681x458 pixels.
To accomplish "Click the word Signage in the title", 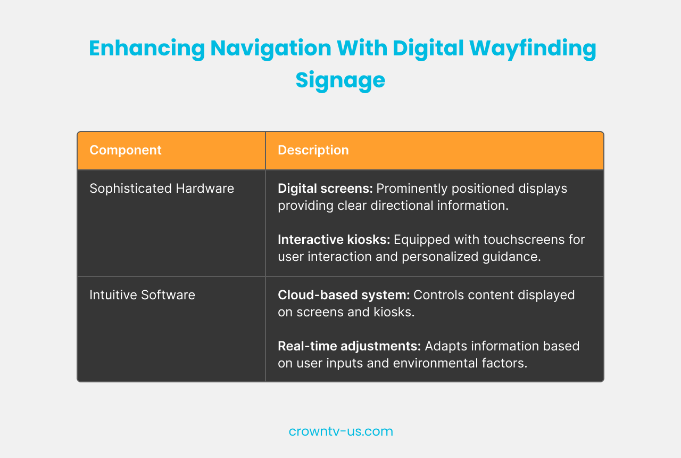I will click(x=340, y=80).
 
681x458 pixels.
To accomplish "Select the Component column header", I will click(x=126, y=150).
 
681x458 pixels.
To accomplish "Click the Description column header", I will click(x=313, y=150).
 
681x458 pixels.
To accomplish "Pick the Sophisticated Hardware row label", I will click(x=162, y=189).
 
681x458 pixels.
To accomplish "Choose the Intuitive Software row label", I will click(x=142, y=295).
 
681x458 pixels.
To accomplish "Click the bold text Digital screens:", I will click(x=325, y=189).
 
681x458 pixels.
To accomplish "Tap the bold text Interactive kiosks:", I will click(x=334, y=240).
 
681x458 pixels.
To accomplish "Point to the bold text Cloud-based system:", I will click(x=344, y=295).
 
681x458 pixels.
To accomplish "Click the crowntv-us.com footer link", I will click(x=340, y=431).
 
